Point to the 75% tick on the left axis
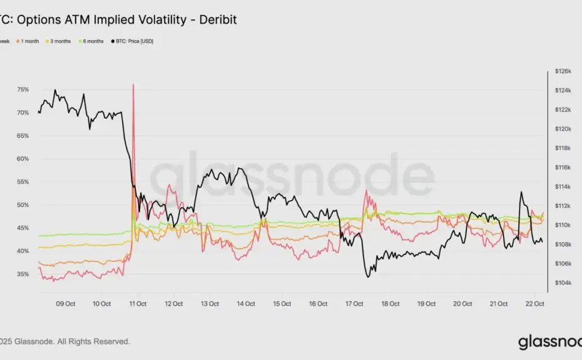[23, 90]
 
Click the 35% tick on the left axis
[23, 274]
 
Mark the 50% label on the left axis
[23, 205]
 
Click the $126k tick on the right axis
[563, 71]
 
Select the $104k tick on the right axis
[563, 283]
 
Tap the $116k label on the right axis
[563, 168]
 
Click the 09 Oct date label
[66, 304]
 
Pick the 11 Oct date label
[138, 304]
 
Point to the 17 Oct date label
[354, 304]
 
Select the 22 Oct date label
[534, 304]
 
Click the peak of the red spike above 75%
[133, 85]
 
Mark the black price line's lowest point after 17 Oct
[368, 277]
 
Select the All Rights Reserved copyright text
[94, 341]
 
